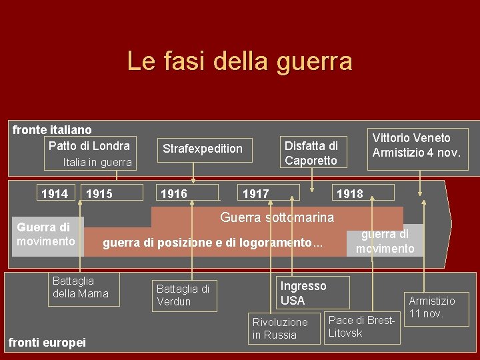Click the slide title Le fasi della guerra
239,61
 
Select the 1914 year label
55,194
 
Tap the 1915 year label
99,194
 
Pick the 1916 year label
174,194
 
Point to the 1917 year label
256,194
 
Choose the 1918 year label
350,194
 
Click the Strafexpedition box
203,149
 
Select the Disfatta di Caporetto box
311,153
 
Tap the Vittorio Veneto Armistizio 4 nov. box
417,145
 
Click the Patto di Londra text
89,145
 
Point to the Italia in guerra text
97,162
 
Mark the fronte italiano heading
52,130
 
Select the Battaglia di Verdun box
183,295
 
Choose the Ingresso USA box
303,293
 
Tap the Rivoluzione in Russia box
280,328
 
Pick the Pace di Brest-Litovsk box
362,326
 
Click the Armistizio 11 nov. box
431,307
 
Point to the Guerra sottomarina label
277,217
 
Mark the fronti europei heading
47,343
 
